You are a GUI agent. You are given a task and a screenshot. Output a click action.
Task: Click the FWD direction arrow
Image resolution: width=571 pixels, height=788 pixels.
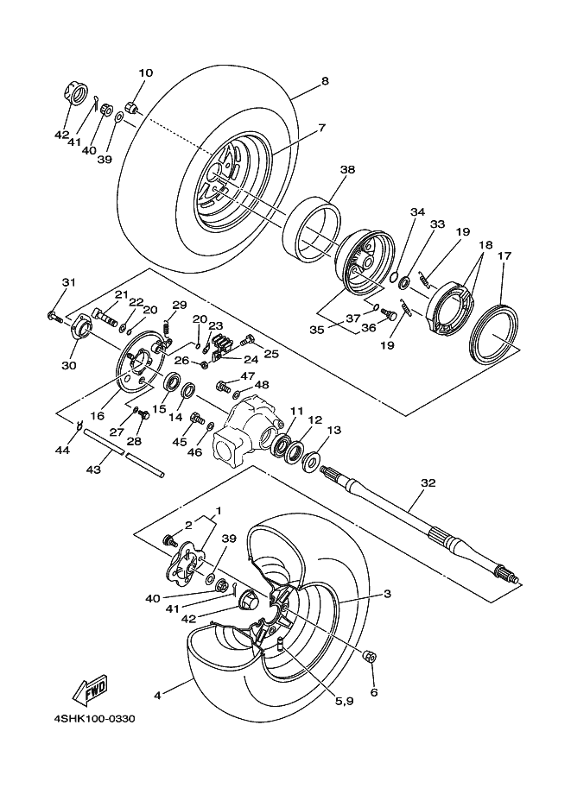[88, 689]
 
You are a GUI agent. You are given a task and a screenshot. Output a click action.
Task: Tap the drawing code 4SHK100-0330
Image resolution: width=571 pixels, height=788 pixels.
[92, 717]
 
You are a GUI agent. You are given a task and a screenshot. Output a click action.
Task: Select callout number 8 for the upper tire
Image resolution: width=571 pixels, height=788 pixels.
[324, 81]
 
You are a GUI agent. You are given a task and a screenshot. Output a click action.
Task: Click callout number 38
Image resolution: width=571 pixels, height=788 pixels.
[346, 171]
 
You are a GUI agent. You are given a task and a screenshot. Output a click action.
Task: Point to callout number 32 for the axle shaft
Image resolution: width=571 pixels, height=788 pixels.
[425, 483]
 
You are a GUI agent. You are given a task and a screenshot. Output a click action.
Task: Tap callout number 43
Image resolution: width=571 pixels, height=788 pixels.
[93, 470]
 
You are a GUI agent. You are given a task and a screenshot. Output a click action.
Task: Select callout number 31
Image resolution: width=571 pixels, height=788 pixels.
[69, 283]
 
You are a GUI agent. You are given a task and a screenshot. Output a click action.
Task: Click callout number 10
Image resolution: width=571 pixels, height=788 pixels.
[145, 73]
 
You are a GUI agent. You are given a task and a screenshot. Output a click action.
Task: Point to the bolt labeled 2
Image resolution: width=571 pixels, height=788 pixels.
[170, 540]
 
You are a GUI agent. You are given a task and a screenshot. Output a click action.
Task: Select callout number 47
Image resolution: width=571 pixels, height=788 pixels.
[247, 376]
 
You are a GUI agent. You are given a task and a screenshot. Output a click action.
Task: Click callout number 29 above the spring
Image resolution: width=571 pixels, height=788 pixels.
[180, 305]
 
